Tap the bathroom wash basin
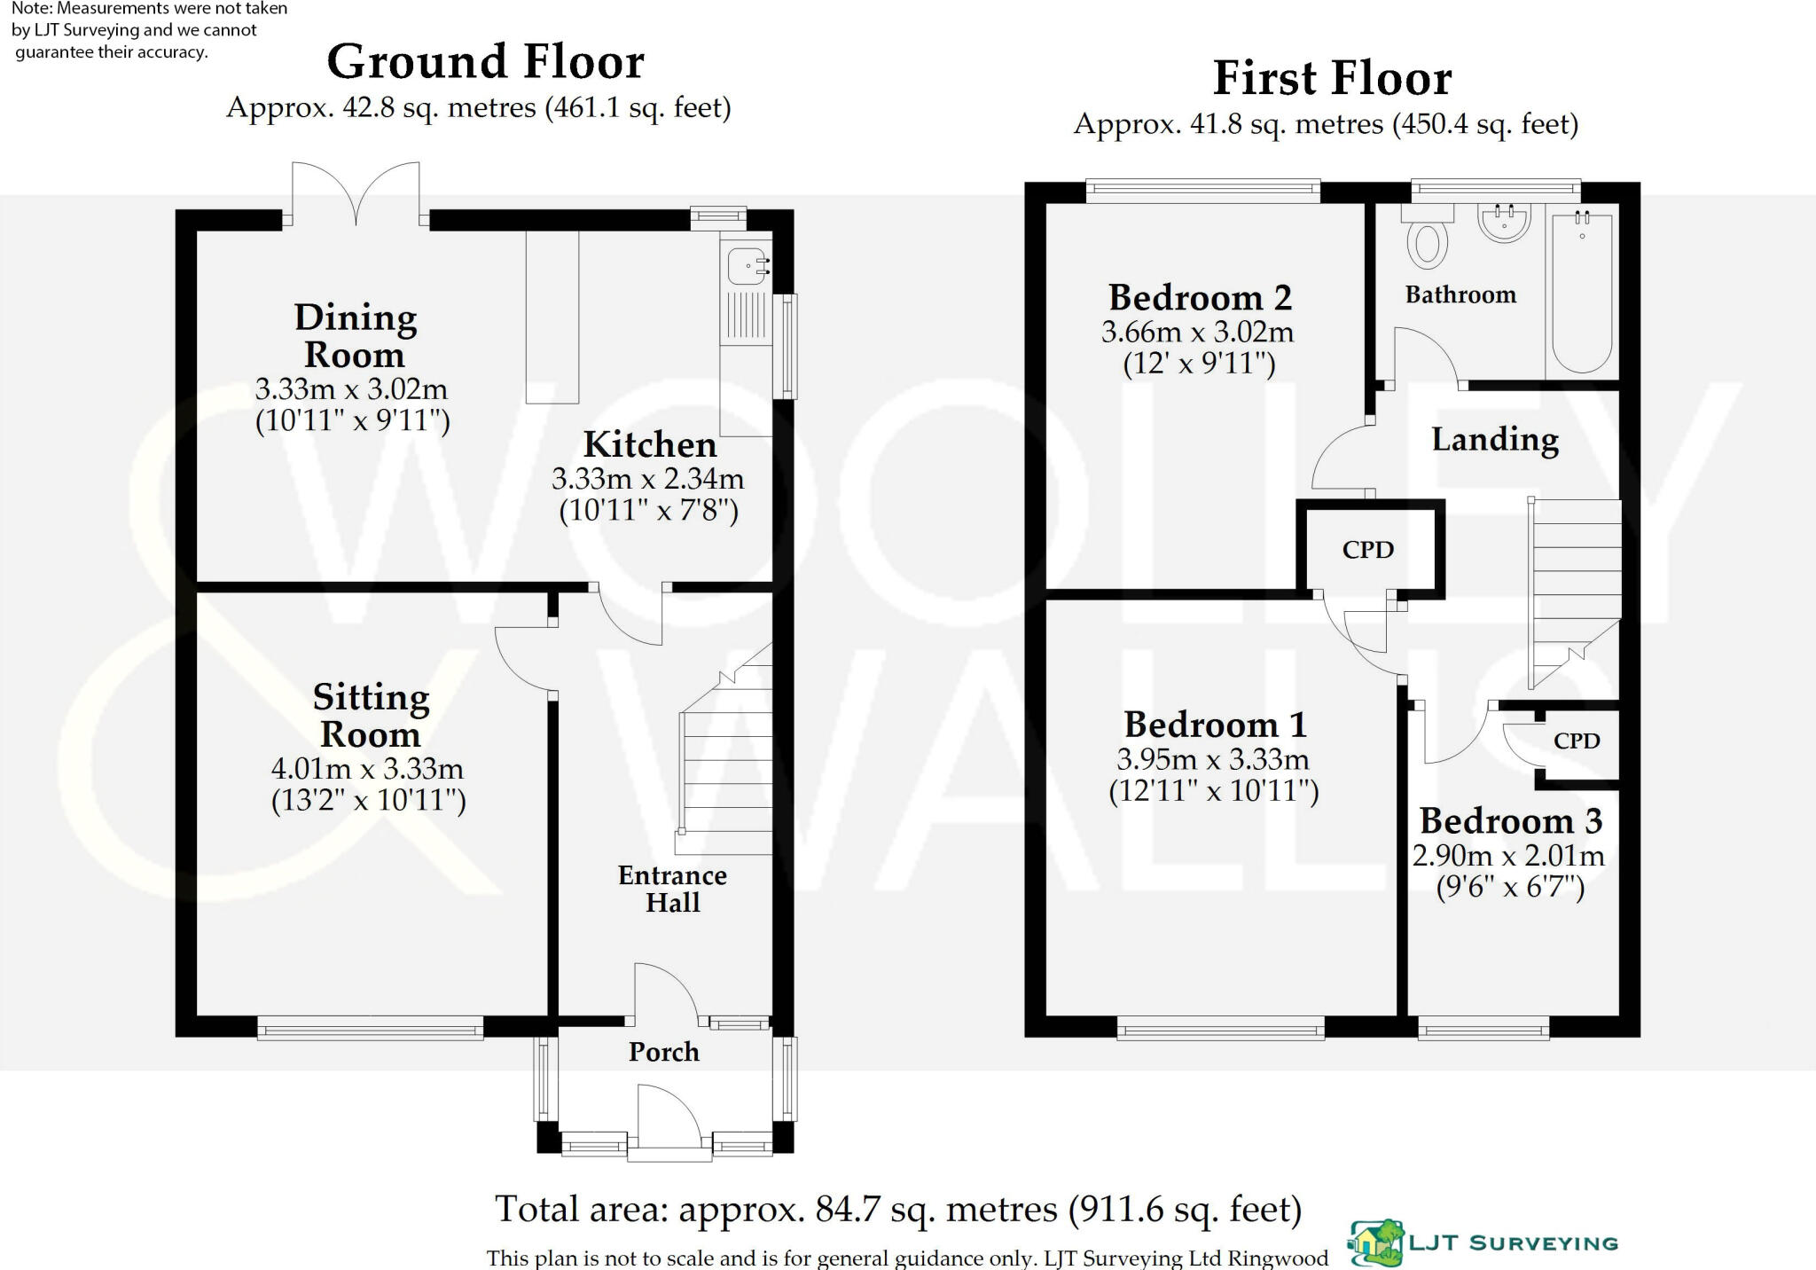(1504, 223)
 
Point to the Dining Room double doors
(356, 195)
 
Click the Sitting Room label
(371, 716)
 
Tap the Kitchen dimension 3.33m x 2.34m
(647, 480)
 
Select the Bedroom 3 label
(1510, 821)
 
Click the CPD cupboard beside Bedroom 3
(1577, 741)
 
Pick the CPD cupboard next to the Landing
(1368, 550)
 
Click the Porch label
(663, 1052)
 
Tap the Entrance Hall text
(672, 889)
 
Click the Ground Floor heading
(485, 62)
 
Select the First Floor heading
(1332, 78)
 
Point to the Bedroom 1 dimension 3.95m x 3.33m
(1212, 760)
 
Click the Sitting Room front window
(371, 1029)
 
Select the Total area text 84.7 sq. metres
(897, 1210)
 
